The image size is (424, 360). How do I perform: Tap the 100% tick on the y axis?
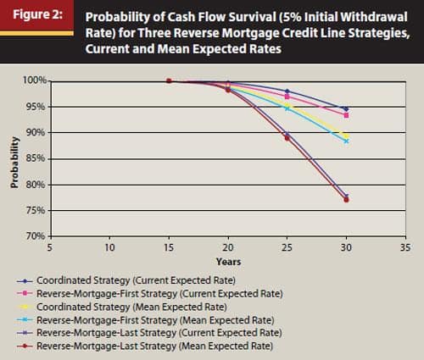tap(34, 81)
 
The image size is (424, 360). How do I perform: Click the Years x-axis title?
tap(228, 262)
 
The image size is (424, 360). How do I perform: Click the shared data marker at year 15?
tap(170, 81)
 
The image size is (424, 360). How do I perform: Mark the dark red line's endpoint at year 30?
tap(346, 200)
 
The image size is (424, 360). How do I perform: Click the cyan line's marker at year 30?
tap(346, 141)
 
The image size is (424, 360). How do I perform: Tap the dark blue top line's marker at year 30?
tap(346, 108)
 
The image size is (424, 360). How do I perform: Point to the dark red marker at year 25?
tap(287, 137)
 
